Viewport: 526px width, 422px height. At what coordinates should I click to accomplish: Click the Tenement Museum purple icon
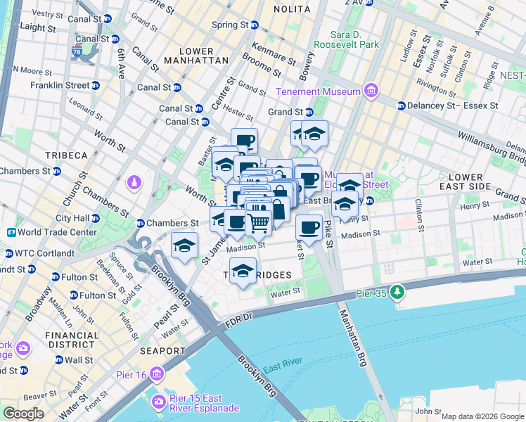click(371, 91)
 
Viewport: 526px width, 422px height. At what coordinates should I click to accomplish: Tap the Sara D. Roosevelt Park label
click(356, 39)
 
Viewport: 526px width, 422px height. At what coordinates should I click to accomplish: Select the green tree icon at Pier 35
click(397, 290)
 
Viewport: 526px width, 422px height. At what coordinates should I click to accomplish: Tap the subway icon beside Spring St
click(255, 25)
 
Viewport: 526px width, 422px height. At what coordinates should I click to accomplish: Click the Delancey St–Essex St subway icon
click(401, 105)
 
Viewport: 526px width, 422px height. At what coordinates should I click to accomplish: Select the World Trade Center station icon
click(12, 232)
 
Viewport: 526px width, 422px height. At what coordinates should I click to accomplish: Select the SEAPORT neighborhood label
click(163, 350)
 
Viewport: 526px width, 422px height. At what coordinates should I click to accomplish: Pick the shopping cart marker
click(258, 223)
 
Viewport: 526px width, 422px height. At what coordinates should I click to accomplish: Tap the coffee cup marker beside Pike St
click(308, 226)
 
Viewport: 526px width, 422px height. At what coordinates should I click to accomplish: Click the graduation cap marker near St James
click(184, 245)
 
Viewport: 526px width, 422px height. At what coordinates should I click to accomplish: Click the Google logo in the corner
click(23, 414)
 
